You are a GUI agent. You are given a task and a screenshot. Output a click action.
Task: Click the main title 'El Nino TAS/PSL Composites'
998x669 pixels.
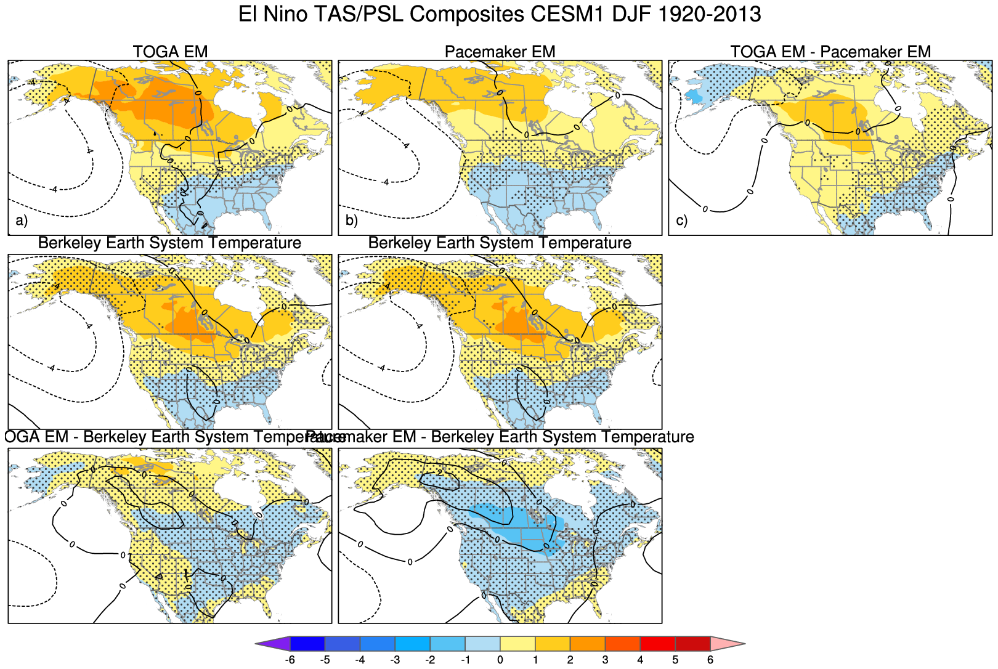(x=500, y=14)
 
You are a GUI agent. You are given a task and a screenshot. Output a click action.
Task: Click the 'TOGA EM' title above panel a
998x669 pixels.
(x=170, y=52)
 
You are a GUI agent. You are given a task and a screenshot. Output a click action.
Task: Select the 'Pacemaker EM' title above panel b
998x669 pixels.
(x=500, y=52)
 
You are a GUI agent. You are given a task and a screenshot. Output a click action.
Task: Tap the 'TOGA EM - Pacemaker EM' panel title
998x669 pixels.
(x=830, y=52)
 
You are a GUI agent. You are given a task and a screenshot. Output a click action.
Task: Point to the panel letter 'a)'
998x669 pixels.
(x=22, y=221)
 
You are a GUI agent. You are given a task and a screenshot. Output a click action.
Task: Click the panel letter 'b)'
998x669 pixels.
(x=352, y=221)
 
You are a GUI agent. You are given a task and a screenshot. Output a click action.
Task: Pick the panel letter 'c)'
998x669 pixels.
(x=682, y=221)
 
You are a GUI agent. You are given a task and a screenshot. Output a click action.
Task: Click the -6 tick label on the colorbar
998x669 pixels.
(x=289, y=660)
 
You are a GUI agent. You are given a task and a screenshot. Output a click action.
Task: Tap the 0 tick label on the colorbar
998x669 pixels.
(x=500, y=660)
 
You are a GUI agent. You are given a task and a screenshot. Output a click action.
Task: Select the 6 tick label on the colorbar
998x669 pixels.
(x=710, y=660)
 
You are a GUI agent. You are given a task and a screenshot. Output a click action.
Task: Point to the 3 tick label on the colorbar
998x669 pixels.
(x=606, y=660)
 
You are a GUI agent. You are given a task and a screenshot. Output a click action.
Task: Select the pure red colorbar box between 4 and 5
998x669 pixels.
(x=658, y=644)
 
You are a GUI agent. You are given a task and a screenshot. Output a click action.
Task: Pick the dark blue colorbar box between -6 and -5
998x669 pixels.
(x=307, y=644)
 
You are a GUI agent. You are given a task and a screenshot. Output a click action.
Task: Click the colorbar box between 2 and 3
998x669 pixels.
(x=588, y=644)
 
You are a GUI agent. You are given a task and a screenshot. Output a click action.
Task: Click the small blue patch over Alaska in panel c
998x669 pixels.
(x=694, y=96)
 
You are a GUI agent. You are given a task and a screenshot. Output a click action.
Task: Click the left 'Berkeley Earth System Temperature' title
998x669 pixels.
(x=170, y=243)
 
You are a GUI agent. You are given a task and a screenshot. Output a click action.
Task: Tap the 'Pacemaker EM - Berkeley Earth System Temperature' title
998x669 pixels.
(x=500, y=437)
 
